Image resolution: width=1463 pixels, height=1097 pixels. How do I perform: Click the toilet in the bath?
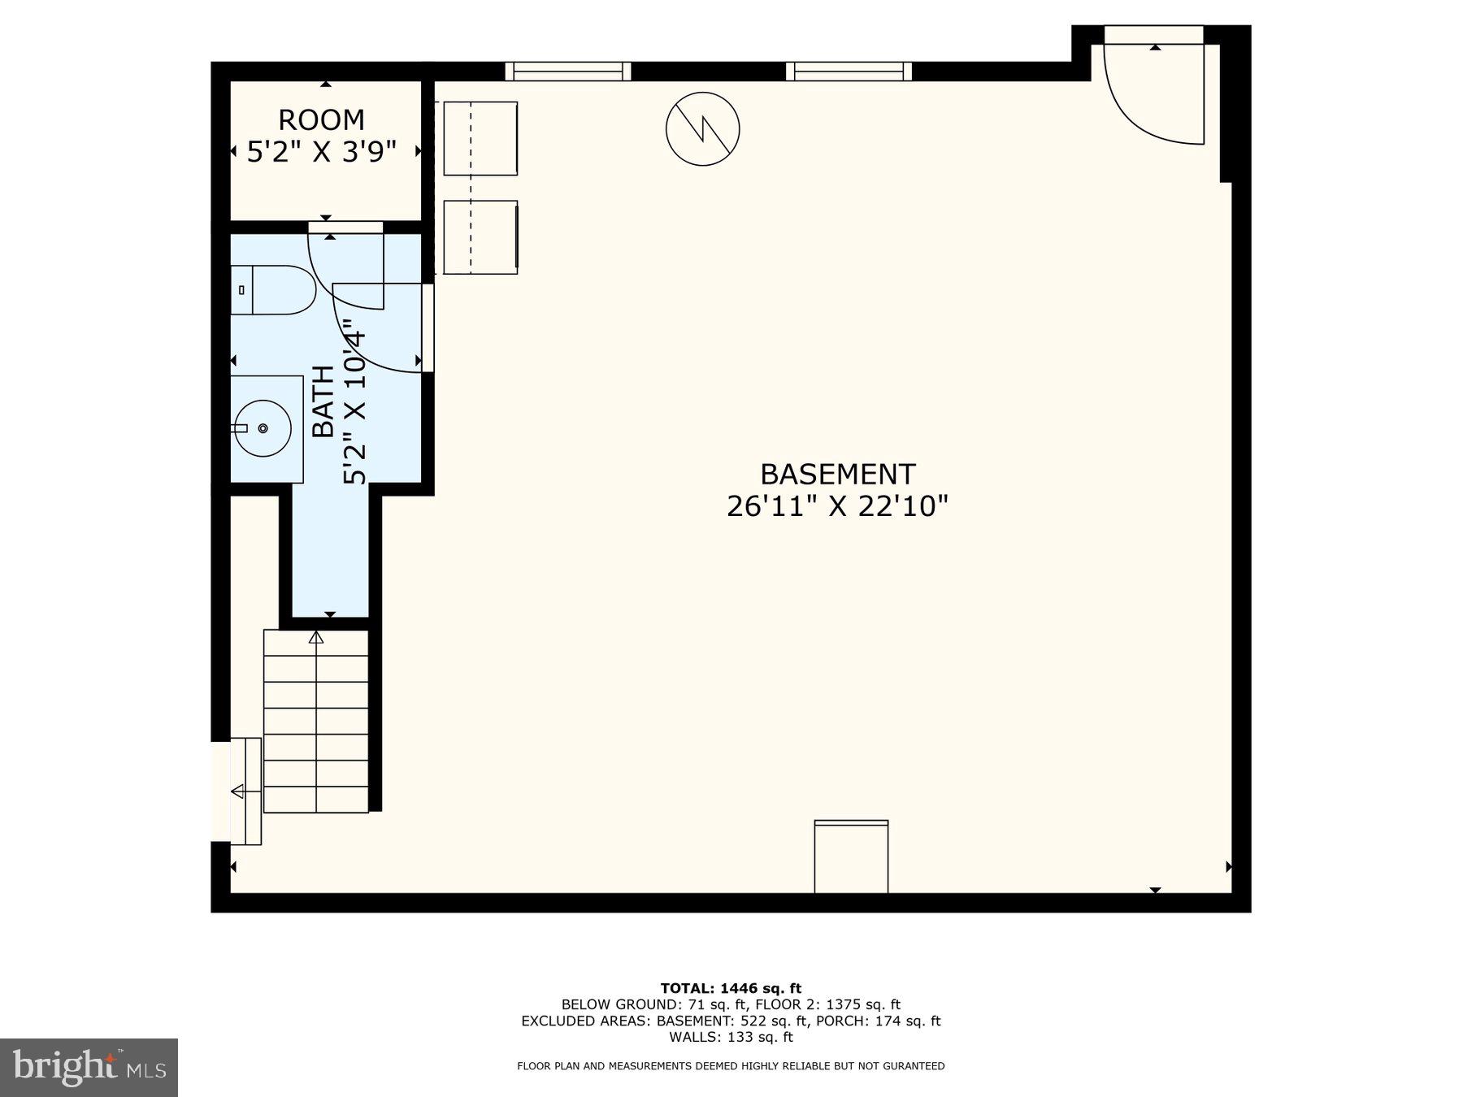[x=276, y=289]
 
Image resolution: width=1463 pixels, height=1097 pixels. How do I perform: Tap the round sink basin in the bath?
[x=263, y=428]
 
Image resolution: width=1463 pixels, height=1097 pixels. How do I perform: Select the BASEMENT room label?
[x=837, y=474]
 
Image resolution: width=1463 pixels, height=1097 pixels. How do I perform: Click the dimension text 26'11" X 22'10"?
[x=837, y=507]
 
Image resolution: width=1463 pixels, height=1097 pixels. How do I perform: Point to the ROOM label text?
[x=321, y=120]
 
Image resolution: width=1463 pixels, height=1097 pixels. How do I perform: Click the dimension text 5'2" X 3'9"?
[x=322, y=152]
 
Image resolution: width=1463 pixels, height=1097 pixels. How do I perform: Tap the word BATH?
[x=323, y=401]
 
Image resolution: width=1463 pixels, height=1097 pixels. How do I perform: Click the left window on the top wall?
[x=568, y=72]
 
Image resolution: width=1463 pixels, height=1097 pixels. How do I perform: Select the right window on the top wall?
[x=849, y=72]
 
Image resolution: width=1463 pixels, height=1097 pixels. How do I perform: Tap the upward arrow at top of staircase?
[x=316, y=638]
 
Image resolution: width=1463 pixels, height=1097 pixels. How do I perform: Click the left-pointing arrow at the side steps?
[x=238, y=791]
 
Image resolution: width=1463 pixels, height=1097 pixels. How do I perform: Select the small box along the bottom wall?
[x=851, y=856]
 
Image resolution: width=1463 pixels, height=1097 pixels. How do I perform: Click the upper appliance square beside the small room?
[x=480, y=138]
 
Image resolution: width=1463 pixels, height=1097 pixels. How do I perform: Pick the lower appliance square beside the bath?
[x=480, y=237]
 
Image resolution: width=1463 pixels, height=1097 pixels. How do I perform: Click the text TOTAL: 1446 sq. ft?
[x=731, y=988]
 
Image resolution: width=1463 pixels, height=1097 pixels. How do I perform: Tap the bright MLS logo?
[x=89, y=1067]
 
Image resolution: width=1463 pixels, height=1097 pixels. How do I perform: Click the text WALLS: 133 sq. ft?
[x=731, y=1037]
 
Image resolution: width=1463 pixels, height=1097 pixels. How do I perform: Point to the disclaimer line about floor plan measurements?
[x=731, y=1066]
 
